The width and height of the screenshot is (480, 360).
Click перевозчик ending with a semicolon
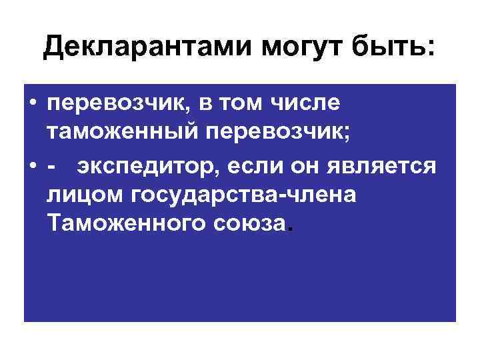tap(294, 137)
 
